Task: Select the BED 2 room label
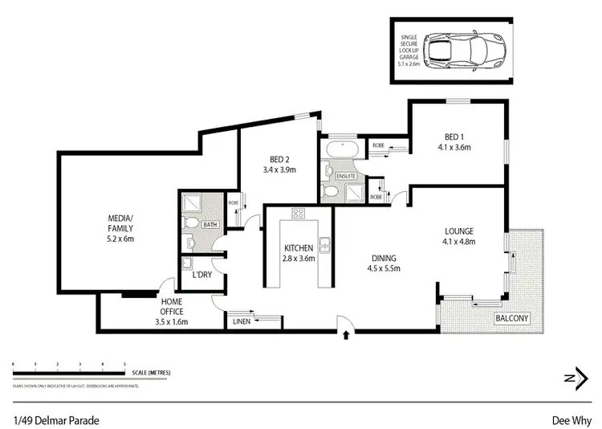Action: click(280, 164)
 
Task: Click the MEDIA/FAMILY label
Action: click(120, 227)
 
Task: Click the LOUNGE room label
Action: click(459, 236)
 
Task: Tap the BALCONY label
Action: click(511, 318)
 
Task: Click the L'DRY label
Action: click(201, 275)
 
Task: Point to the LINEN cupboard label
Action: click(240, 323)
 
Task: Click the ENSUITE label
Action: click(345, 175)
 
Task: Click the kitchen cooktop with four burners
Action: click(299, 214)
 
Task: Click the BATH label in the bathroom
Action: click(210, 225)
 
